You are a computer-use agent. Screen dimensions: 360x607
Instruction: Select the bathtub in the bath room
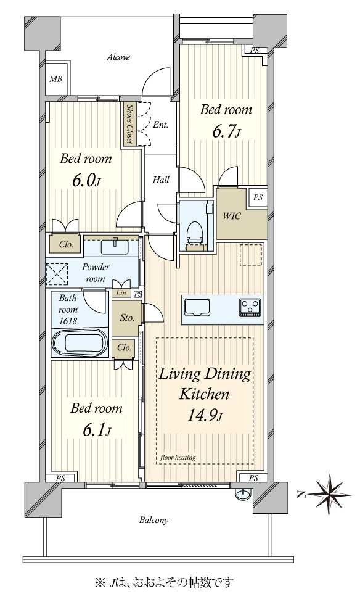(x=80, y=342)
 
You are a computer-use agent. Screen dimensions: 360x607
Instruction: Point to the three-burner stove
(x=250, y=308)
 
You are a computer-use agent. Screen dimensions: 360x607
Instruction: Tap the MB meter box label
(x=55, y=80)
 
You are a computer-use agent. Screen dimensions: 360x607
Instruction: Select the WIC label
(x=231, y=216)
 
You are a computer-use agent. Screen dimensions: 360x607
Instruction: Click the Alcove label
(x=118, y=57)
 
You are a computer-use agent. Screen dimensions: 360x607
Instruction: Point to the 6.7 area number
(x=223, y=131)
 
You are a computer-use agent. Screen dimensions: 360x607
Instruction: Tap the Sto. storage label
(x=127, y=318)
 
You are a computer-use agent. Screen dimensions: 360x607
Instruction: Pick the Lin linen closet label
(x=121, y=293)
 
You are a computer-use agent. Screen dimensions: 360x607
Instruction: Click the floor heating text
(x=178, y=458)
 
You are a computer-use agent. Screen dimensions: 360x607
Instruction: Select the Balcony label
(x=153, y=520)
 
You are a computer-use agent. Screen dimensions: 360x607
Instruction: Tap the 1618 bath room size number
(x=68, y=321)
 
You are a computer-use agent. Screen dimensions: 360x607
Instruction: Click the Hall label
(x=161, y=180)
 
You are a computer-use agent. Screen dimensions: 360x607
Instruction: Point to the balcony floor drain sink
(x=243, y=494)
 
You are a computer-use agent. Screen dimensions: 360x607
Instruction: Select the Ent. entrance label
(x=160, y=125)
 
